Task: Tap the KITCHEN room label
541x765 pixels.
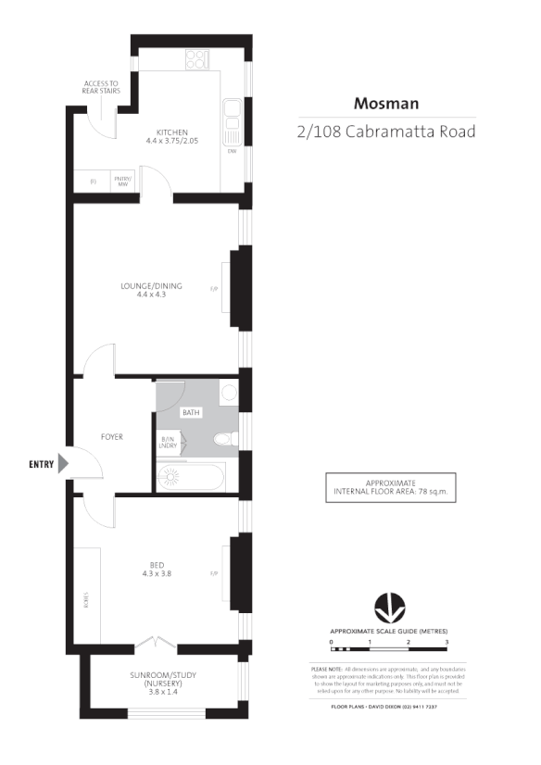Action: (172, 132)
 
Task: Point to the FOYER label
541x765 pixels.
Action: (112, 436)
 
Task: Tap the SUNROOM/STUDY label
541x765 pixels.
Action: (162, 675)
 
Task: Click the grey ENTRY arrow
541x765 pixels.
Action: (64, 464)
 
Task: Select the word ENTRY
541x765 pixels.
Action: (41, 464)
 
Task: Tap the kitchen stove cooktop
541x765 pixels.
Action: (197, 59)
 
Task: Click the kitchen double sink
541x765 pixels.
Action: (231, 116)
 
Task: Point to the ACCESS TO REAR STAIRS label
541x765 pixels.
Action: (99, 86)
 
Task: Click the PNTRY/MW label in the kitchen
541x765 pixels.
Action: (122, 181)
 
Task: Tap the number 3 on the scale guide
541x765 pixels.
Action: (447, 641)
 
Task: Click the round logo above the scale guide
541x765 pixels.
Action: (389, 608)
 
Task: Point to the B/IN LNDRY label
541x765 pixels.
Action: (170, 442)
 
